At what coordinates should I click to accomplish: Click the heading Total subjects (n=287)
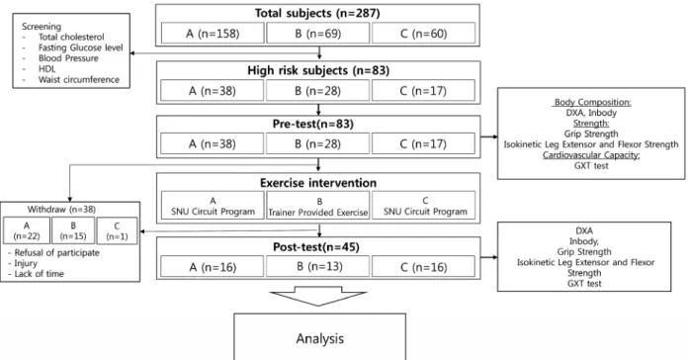(317, 13)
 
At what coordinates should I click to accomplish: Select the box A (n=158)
(213, 34)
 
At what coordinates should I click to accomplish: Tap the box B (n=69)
(317, 34)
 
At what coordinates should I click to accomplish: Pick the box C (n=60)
(424, 34)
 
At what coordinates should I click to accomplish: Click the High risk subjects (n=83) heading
(318, 71)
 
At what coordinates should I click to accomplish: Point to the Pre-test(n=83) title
(312, 124)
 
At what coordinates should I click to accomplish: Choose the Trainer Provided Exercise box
(317, 206)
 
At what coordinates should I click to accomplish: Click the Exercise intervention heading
(318, 183)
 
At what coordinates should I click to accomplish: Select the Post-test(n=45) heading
(316, 247)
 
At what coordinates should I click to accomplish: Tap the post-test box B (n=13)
(317, 266)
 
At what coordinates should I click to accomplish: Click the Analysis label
(320, 338)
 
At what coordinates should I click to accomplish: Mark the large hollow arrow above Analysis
(317, 296)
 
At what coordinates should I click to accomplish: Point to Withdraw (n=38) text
(61, 210)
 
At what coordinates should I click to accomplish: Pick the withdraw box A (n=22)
(27, 230)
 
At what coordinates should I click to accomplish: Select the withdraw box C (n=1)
(117, 230)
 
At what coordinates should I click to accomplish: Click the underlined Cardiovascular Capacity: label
(591, 155)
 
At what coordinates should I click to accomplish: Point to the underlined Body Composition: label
(592, 102)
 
